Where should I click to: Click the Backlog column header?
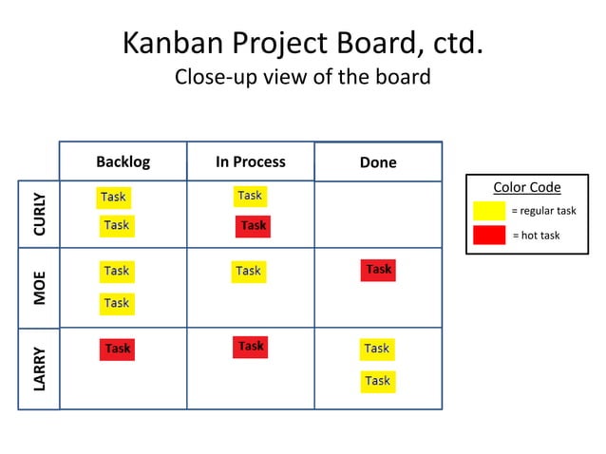[x=123, y=161]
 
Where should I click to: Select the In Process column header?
[x=250, y=161]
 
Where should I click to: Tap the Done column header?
[x=378, y=162]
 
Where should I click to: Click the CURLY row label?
[x=39, y=214]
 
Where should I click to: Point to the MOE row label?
[x=39, y=289]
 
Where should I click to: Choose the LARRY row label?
[x=39, y=369]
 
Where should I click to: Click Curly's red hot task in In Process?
[x=253, y=226]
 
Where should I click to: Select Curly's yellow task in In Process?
[x=250, y=196]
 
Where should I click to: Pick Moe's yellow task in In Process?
[x=249, y=272]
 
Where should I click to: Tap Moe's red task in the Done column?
[x=378, y=270]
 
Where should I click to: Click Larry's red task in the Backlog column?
[x=118, y=350]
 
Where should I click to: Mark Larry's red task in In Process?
[x=251, y=347]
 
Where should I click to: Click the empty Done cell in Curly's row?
[x=378, y=214]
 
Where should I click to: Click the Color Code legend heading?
[x=527, y=187]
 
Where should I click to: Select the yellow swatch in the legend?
[x=489, y=210]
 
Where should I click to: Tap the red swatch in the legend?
[x=489, y=235]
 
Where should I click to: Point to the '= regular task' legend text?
[x=543, y=211]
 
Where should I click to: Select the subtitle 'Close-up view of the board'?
[x=302, y=77]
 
